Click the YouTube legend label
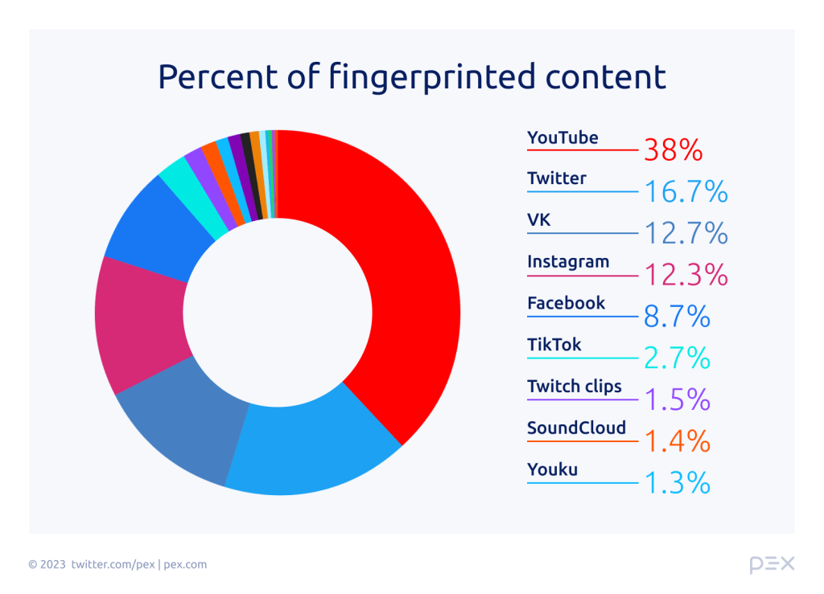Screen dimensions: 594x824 pos(562,137)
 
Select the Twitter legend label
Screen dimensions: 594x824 pos(557,178)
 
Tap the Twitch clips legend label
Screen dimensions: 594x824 pos(575,386)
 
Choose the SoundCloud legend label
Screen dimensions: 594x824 pos(576,428)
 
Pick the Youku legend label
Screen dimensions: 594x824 pos(552,469)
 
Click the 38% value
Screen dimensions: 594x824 pos(673,150)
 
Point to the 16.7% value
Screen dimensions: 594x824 pos(686,191)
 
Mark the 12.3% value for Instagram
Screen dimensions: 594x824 pos(686,275)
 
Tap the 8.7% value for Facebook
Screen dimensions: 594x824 pos(677,317)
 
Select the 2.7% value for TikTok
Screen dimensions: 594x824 pos(677,358)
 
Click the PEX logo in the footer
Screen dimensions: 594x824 pos(771,564)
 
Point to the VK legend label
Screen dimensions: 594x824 pos(539,219)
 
